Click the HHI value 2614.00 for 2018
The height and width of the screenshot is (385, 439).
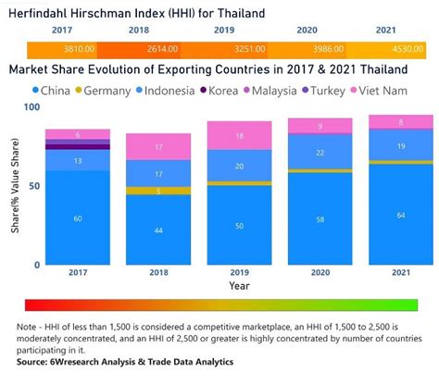click(162, 49)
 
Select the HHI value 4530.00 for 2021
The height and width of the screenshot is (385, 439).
click(408, 49)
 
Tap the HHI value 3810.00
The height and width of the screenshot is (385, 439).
click(79, 49)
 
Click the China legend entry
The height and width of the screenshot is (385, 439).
click(52, 91)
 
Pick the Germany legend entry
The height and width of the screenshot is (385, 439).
click(104, 91)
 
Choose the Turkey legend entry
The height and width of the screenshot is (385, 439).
click(323, 91)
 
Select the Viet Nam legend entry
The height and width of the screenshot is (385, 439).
click(379, 91)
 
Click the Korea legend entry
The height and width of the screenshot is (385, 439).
click(219, 91)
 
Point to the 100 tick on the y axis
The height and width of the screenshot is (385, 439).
click(31, 107)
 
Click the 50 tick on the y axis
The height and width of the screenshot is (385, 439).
click(34, 186)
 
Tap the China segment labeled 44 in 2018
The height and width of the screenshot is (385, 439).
click(158, 230)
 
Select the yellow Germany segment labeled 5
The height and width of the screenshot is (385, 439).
click(158, 191)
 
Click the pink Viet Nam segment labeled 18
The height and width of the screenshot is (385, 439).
click(239, 136)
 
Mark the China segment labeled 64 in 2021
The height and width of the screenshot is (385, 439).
click(401, 215)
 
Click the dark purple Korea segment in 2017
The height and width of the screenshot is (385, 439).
click(78, 147)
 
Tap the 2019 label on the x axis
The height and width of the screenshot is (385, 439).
click(239, 272)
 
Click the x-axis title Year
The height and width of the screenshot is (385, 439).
click(239, 286)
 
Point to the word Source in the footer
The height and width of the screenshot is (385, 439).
click(31, 362)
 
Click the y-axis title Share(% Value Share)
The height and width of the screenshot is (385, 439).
click(15, 185)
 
